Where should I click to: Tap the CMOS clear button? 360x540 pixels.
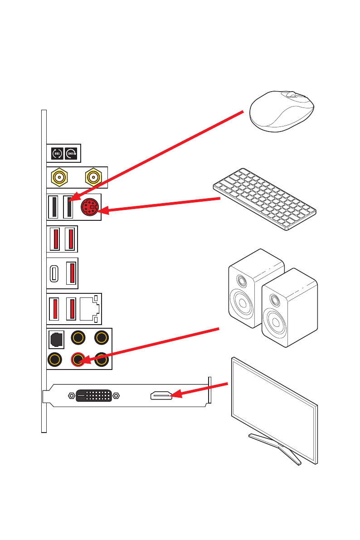pyautogui.click(x=71, y=153)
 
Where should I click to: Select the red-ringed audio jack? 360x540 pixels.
pyautogui.click(x=78, y=360)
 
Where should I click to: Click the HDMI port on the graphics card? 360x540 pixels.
pyautogui.click(x=161, y=396)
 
